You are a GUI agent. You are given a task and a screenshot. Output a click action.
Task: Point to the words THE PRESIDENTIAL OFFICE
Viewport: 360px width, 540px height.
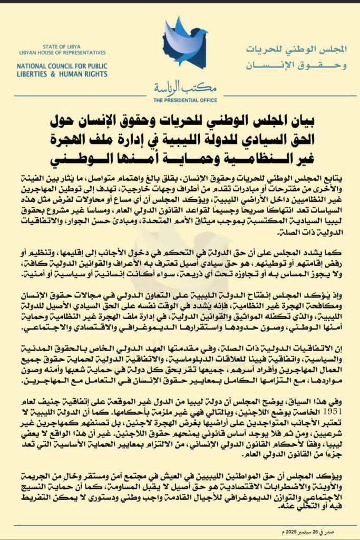tap(185, 100)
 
